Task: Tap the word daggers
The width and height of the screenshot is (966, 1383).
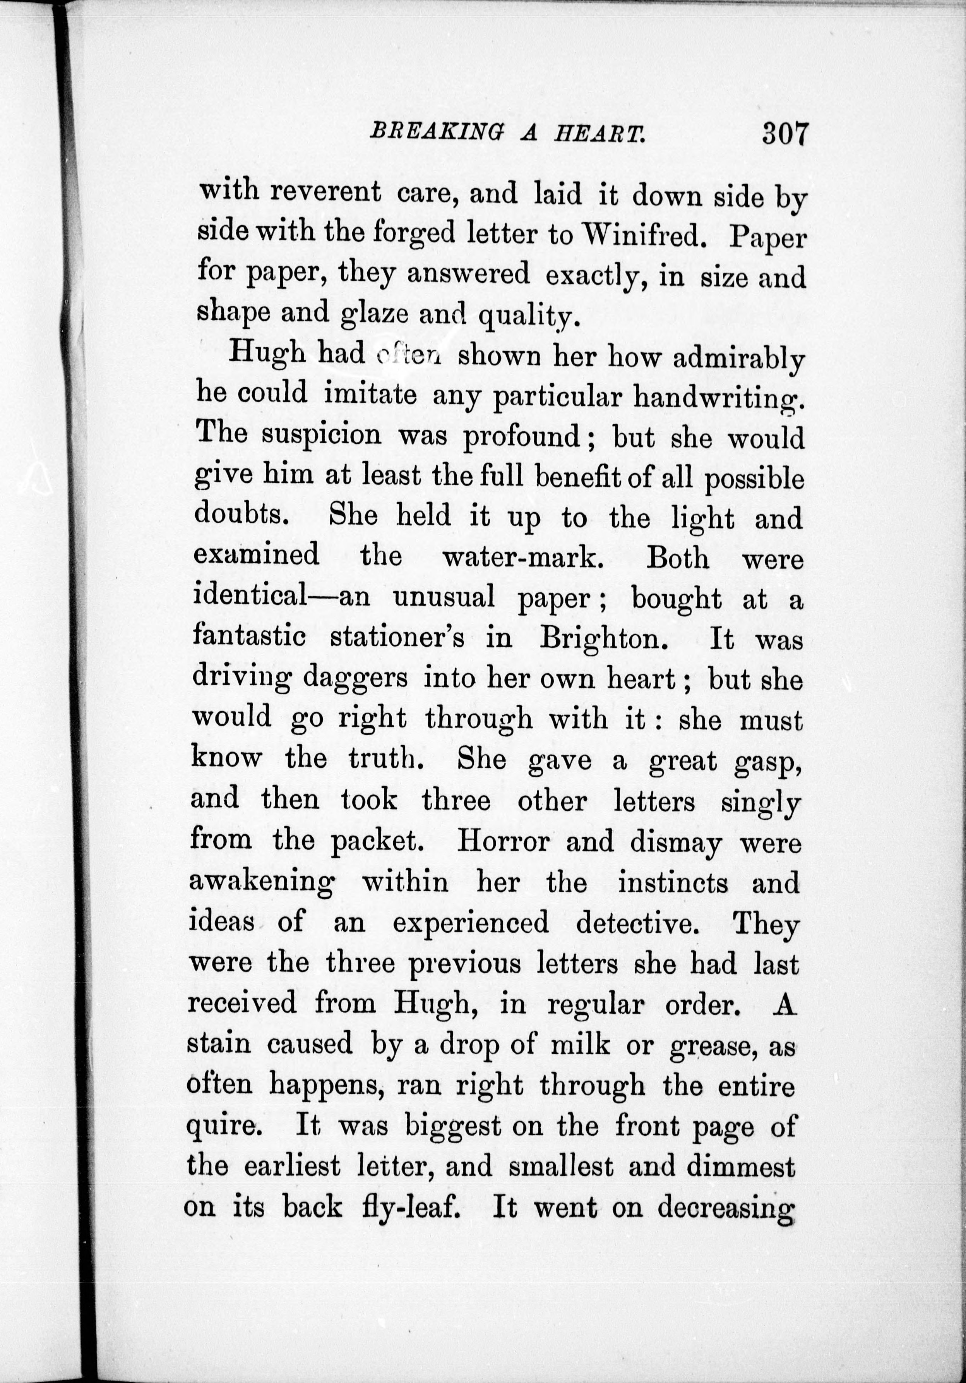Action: click(355, 679)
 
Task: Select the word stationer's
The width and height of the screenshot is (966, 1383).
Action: click(397, 637)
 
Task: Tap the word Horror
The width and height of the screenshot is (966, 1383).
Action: click(504, 841)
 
